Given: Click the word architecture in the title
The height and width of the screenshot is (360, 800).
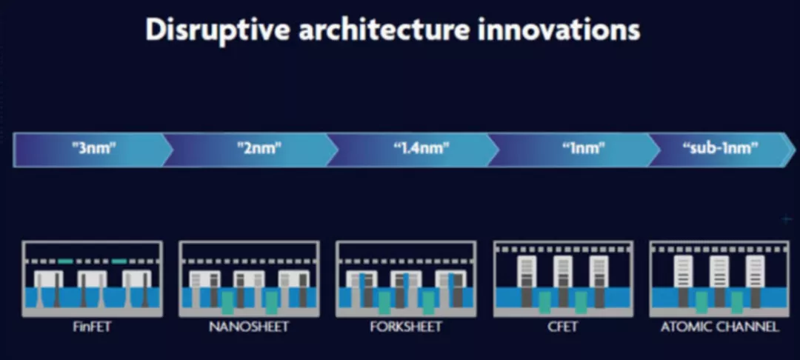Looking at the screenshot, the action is tap(384, 30).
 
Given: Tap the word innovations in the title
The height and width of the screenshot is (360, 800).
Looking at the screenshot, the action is tap(559, 30).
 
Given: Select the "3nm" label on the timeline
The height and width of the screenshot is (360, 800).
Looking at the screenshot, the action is tap(94, 149).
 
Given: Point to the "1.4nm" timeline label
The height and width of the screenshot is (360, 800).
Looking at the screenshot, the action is tap(421, 149).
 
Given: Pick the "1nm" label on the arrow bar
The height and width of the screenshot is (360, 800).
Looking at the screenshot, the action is tap(584, 149).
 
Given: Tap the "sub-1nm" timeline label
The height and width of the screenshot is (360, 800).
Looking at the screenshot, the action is tap(720, 149).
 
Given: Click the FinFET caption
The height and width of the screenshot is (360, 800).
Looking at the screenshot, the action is tap(92, 327).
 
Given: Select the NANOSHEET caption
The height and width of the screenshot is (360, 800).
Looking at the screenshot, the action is tap(249, 327).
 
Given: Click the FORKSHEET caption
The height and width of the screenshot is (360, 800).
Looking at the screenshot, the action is tap(406, 327).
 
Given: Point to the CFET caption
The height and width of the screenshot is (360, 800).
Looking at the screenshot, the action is tap(563, 327).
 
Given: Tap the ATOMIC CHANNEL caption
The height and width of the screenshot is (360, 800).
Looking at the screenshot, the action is tap(720, 327).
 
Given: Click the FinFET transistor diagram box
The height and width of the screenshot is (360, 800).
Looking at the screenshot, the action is tap(93, 279).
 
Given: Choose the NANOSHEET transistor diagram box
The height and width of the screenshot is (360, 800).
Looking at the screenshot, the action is tap(250, 279).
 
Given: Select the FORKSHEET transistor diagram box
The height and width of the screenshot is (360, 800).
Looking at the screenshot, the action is tap(406, 279).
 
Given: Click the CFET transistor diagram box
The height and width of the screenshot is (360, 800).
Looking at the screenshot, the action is tap(563, 279).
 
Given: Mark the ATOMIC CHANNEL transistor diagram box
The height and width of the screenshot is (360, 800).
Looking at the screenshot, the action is tap(720, 279).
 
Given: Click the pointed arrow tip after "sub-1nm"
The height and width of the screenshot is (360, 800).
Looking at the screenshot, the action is tap(795, 150).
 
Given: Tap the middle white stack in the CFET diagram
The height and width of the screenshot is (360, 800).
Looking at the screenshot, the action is tap(563, 272).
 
